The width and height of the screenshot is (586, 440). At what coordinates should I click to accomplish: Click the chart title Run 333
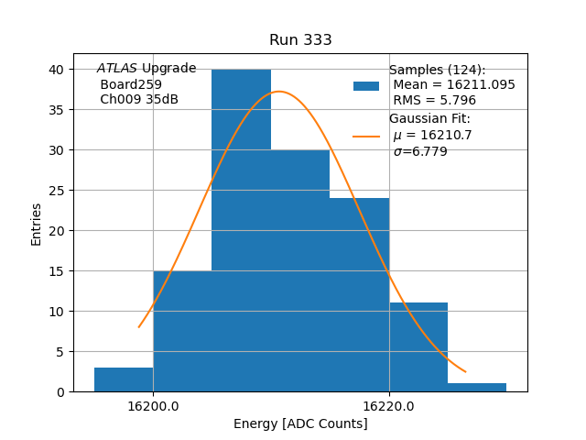(x=300, y=40)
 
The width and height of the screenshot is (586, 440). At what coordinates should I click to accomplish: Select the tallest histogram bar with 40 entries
(x=241, y=229)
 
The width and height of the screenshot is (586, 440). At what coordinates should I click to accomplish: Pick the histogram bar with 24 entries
(x=359, y=294)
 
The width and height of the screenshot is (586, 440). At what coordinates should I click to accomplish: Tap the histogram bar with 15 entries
(x=182, y=331)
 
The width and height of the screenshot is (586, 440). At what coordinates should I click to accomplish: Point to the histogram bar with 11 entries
(x=418, y=347)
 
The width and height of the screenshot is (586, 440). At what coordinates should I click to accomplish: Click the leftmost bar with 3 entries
(x=124, y=379)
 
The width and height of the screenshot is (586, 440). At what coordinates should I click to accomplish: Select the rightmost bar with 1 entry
(x=477, y=388)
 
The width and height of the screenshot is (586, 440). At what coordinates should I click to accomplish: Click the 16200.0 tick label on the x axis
(x=153, y=405)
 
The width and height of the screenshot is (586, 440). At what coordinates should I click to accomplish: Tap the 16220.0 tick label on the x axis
(x=389, y=405)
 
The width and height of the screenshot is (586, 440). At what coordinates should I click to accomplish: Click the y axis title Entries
(x=37, y=224)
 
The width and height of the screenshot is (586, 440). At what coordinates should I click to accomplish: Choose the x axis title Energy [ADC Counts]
(x=300, y=423)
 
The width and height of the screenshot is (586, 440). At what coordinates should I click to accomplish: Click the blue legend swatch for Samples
(x=366, y=86)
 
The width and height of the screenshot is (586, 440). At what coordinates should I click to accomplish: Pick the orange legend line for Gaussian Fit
(x=366, y=137)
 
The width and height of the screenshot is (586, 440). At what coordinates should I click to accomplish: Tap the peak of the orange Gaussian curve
(x=279, y=92)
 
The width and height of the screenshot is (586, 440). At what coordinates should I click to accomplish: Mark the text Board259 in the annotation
(x=131, y=84)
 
